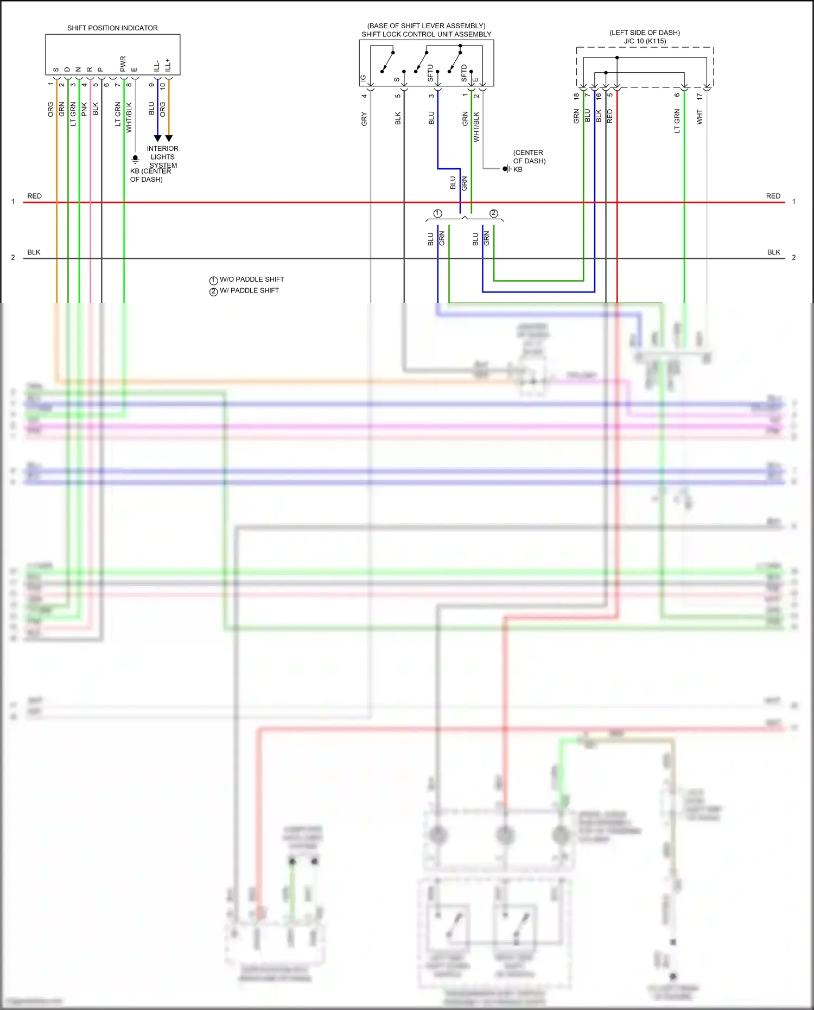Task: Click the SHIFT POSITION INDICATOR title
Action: [x=112, y=28]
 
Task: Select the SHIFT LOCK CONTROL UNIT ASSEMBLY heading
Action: [x=426, y=34]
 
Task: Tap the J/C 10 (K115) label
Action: [x=644, y=41]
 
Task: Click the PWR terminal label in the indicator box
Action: [x=123, y=63]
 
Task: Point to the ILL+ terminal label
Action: [x=168, y=65]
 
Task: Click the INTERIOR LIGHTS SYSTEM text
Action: [x=162, y=157]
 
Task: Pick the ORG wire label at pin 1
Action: [x=50, y=109]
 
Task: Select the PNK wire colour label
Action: [x=84, y=109]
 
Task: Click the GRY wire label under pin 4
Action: [x=364, y=119]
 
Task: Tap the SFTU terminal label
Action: [x=430, y=73]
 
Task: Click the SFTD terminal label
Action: [x=464, y=73]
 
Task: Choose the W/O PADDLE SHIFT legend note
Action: [x=251, y=280]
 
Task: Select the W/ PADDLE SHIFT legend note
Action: [x=249, y=291]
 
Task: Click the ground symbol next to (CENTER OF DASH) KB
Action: [x=506, y=169]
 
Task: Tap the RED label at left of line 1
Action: [x=34, y=196]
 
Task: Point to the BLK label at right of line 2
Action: [x=773, y=252]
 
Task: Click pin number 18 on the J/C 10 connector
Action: [x=576, y=96]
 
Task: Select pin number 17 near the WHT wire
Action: [x=699, y=96]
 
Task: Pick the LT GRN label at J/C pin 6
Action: [x=677, y=121]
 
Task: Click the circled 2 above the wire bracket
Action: [x=493, y=213]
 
